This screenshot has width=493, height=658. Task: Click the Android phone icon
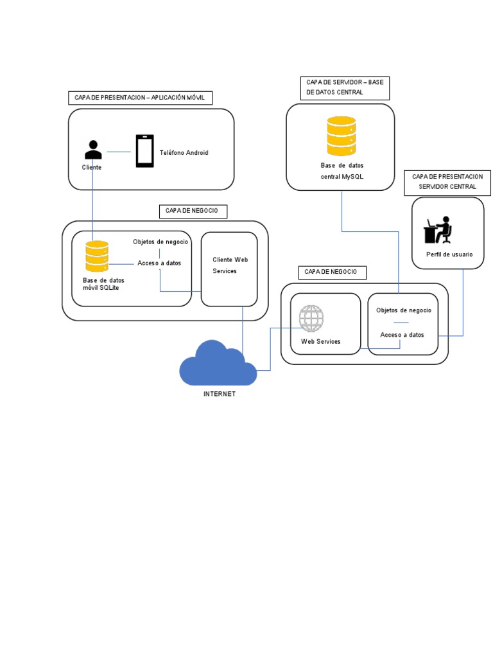(x=144, y=151)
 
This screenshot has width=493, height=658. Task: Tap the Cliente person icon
(x=93, y=150)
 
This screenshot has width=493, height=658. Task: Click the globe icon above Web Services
(x=311, y=319)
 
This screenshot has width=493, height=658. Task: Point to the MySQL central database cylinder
(x=341, y=136)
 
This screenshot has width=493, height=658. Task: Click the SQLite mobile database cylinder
(x=97, y=256)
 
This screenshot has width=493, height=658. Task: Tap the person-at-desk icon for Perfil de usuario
(x=438, y=231)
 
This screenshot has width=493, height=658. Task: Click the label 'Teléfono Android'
(x=184, y=153)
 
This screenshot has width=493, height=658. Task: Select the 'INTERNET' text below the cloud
(x=220, y=394)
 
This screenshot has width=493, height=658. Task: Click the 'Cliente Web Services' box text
(x=230, y=265)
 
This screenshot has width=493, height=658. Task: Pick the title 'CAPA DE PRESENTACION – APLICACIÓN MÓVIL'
(x=140, y=98)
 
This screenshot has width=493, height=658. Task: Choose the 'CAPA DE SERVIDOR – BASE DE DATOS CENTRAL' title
(x=345, y=87)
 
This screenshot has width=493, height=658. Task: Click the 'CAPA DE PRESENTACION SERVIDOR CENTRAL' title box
(x=447, y=181)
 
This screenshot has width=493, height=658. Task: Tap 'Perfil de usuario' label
(x=449, y=254)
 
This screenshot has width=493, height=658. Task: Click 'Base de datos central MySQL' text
(x=342, y=170)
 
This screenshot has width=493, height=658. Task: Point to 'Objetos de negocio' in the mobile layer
(x=160, y=242)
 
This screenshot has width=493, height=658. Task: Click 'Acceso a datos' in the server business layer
(x=402, y=335)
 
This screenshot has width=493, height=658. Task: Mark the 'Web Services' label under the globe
(x=320, y=341)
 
